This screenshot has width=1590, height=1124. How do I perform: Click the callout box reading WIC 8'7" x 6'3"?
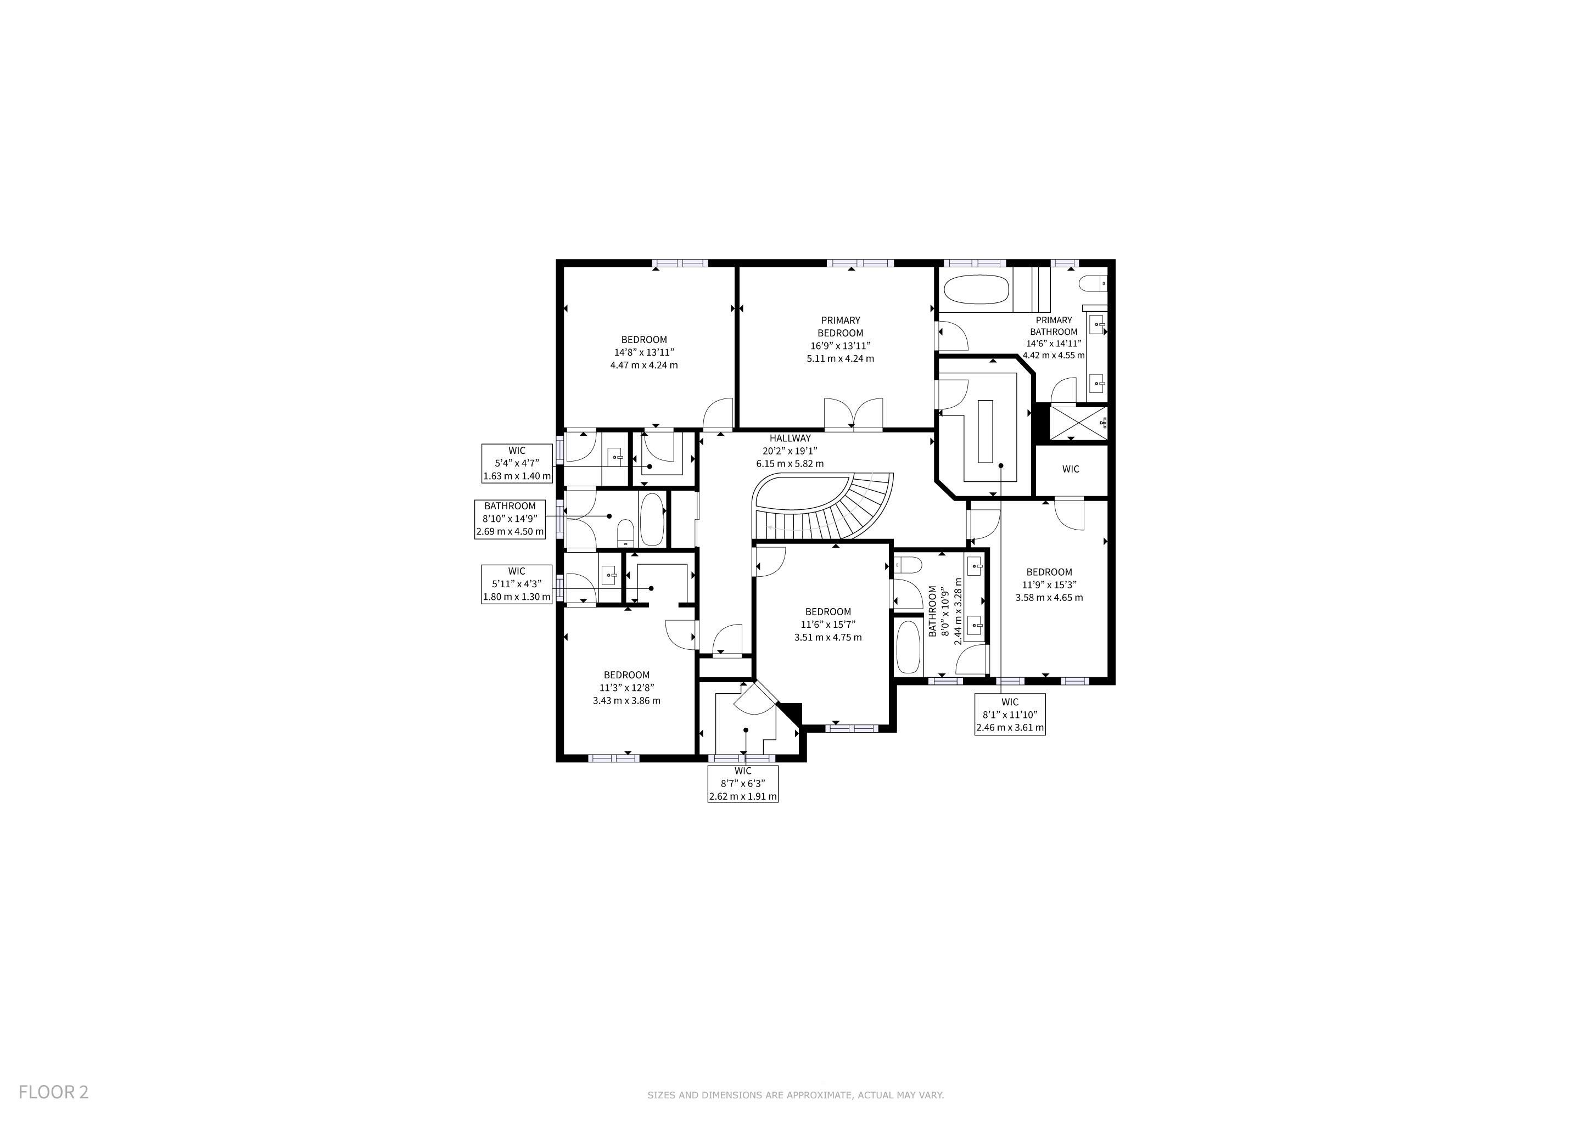tap(742, 784)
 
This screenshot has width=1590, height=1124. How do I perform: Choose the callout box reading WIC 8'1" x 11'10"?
tap(1010, 714)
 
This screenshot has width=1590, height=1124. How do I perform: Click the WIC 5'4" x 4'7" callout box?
tap(517, 463)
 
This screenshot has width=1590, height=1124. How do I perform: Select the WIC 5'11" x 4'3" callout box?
tap(517, 584)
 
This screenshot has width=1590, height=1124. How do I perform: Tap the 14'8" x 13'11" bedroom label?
tap(644, 352)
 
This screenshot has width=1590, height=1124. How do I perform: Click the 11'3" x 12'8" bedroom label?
tap(626, 687)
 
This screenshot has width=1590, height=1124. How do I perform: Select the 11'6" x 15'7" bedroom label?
tap(828, 624)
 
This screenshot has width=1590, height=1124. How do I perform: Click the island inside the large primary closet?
tap(985, 431)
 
